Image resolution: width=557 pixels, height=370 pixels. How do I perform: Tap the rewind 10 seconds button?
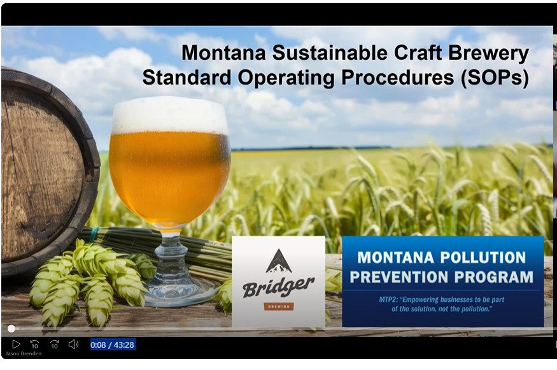pos(35,345)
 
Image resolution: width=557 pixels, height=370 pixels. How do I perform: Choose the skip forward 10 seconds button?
pos(54,345)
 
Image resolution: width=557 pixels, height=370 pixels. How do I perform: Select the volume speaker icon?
pos(73,345)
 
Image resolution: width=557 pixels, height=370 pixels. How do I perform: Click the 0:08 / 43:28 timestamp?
pos(113,345)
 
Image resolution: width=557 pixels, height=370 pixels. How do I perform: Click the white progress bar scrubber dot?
pos(11,329)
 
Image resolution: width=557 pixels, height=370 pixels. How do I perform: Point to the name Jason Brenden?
pos(23,353)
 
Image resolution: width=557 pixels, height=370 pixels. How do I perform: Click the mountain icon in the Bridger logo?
pos(278,260)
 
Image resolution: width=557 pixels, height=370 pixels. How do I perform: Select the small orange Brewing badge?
pos(278,306)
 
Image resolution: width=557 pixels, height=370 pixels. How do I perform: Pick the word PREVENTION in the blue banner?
pos(397,277)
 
